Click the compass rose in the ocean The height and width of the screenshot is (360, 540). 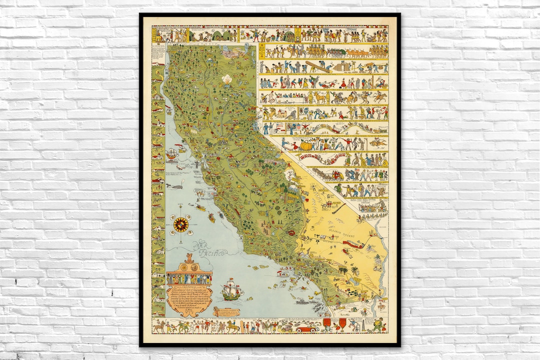pos(181,224)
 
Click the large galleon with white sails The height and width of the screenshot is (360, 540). pos(232,289)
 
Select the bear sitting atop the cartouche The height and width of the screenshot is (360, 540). pos(188,259)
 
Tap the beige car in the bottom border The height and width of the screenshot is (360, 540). pos(287,328)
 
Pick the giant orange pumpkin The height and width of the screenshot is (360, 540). pos(305,145)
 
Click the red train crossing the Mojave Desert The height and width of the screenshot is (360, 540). pos(352,244)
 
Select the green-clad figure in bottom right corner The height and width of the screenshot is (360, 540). pos(378,325)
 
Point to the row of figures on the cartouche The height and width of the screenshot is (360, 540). pos(189,277)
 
